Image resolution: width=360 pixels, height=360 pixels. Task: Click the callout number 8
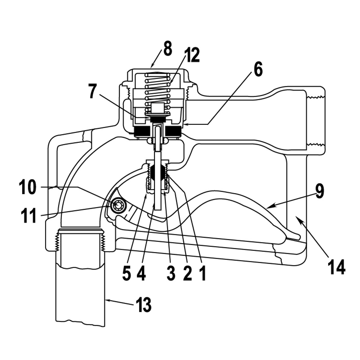point(167,49)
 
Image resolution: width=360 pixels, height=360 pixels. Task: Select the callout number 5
point(127,274)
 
